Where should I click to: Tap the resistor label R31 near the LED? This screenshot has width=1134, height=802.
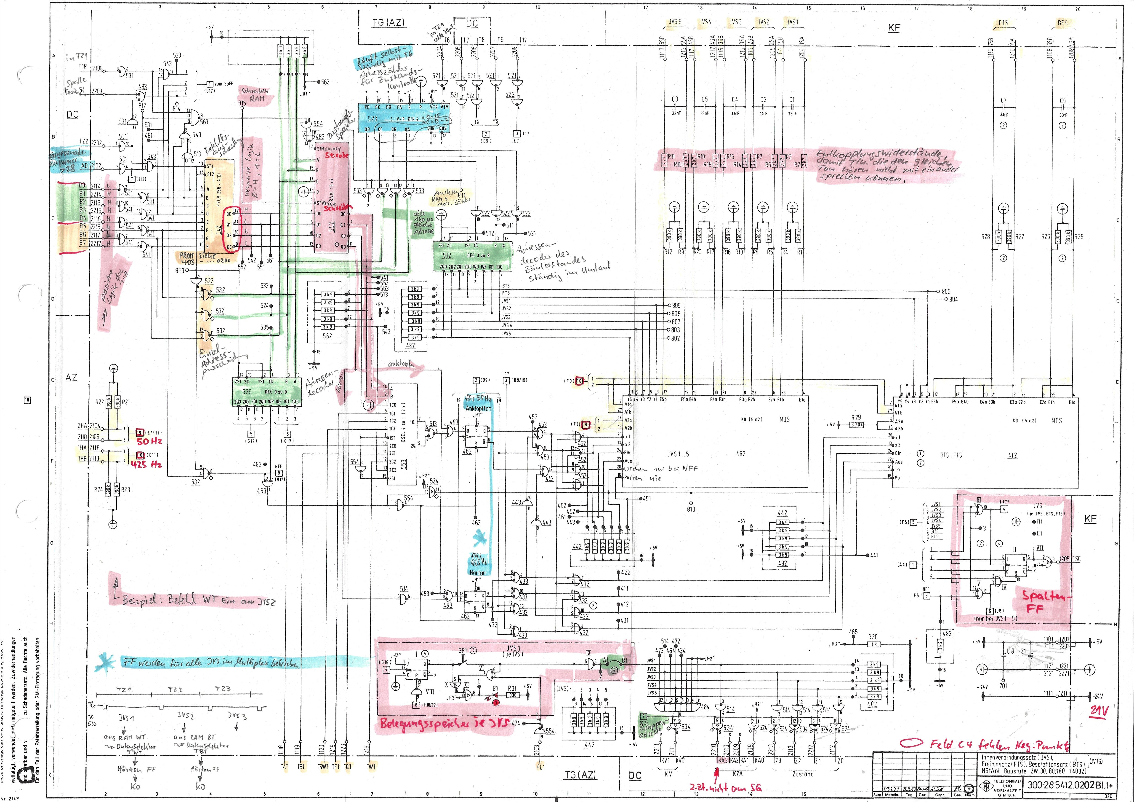[x=512, y=688]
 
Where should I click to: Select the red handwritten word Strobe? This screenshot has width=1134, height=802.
[x=336, y=155]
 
